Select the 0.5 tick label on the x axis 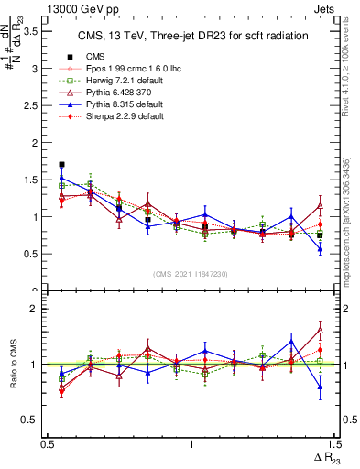(x=48, y=444)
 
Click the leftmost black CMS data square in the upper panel (x=62, y=165)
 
